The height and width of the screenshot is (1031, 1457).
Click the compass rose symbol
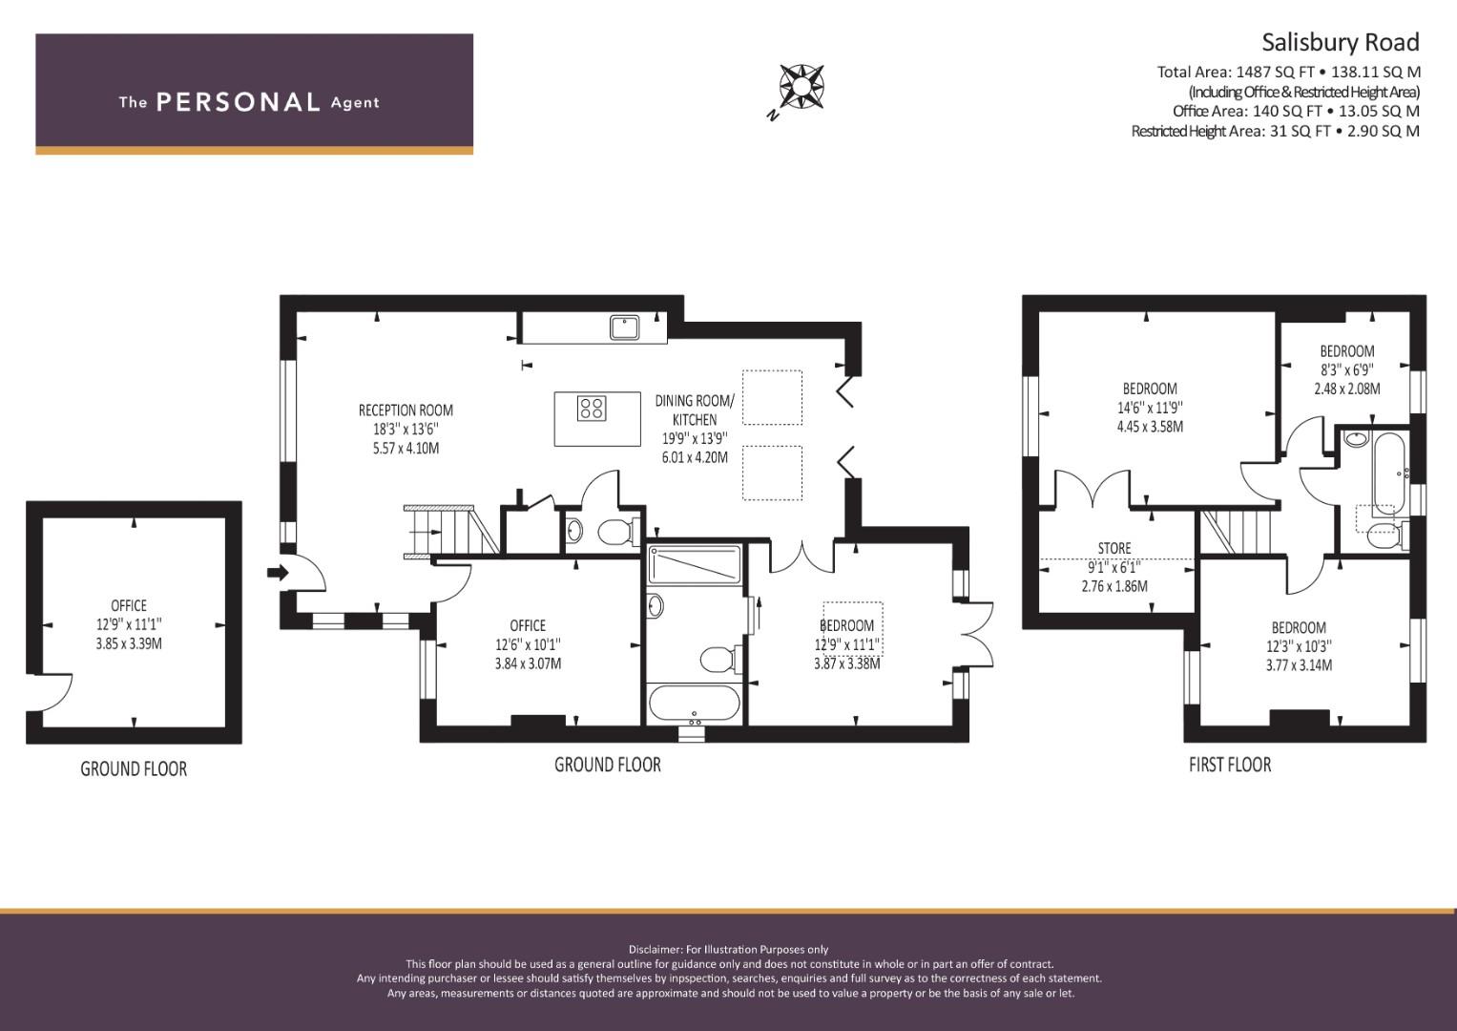(x=801, y=86)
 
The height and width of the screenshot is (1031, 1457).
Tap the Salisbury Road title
(x=1340, y=42)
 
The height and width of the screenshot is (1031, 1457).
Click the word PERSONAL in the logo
(x=239, y=102)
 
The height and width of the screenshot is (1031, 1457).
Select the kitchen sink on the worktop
(x=624, y=327)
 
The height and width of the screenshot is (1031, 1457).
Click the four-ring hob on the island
(x=592, y=409)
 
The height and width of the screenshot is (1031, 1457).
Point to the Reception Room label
(x=406, y=410)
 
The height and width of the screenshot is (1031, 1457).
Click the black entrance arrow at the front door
(x=278, y=573)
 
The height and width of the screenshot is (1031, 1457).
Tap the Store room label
(x=1114, y=548)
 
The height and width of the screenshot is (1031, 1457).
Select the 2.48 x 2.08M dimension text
(x=1347, y=389)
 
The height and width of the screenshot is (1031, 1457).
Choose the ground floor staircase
(x=451, y=532)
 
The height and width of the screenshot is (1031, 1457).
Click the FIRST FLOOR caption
(x=1230, y=765)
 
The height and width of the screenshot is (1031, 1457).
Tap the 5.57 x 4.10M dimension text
(x=406, y=449)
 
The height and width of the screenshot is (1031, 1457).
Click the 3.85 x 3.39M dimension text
(x=129, y=643)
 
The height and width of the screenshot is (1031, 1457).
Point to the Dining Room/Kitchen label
(x=695, y=410)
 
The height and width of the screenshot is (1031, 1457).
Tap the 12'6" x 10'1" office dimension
(x=528, y=644)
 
